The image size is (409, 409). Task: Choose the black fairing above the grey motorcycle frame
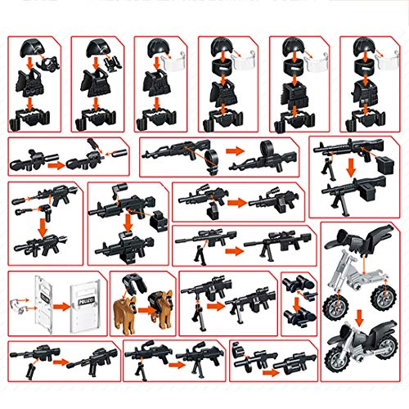pos(360,240)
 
